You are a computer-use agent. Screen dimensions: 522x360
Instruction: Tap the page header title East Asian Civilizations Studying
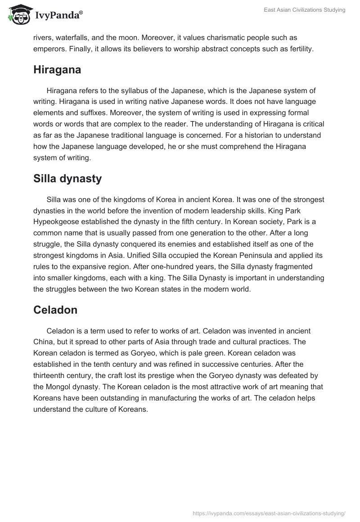pyautogui.click(x=304, y=10)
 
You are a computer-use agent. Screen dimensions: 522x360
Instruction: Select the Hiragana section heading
pyautogui.click(x=57, y=70)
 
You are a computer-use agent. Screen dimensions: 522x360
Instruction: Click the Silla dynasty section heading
pyautogui.click(x=67, y=179)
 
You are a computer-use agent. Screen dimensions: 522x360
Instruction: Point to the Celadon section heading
pyautogui.click(x=55, y=310)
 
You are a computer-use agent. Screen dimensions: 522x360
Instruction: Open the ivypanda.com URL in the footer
pyautogui.click(x=269, y=513)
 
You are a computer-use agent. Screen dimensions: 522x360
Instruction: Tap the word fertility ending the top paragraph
pyautogui.click(x=299, y=49)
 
